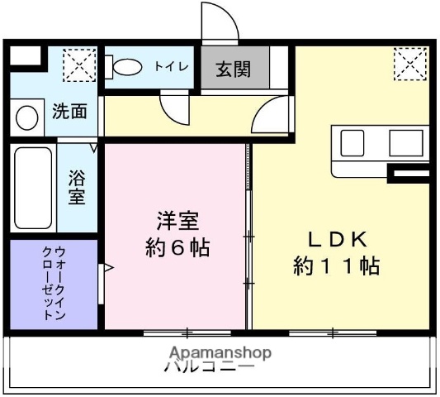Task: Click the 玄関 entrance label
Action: (x=234, y=69)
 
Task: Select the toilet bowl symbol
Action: (x=125, y=66)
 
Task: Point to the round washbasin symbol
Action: (x=26, y=117)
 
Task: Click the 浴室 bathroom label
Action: (x=77, y=188)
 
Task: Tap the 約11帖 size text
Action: (x=336, y=266)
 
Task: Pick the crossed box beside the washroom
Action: (x=79, y=64)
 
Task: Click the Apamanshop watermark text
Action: (x=220, y=352)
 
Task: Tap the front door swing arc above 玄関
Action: (x=220, y=22)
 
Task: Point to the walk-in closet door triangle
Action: (x=105, y=267)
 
